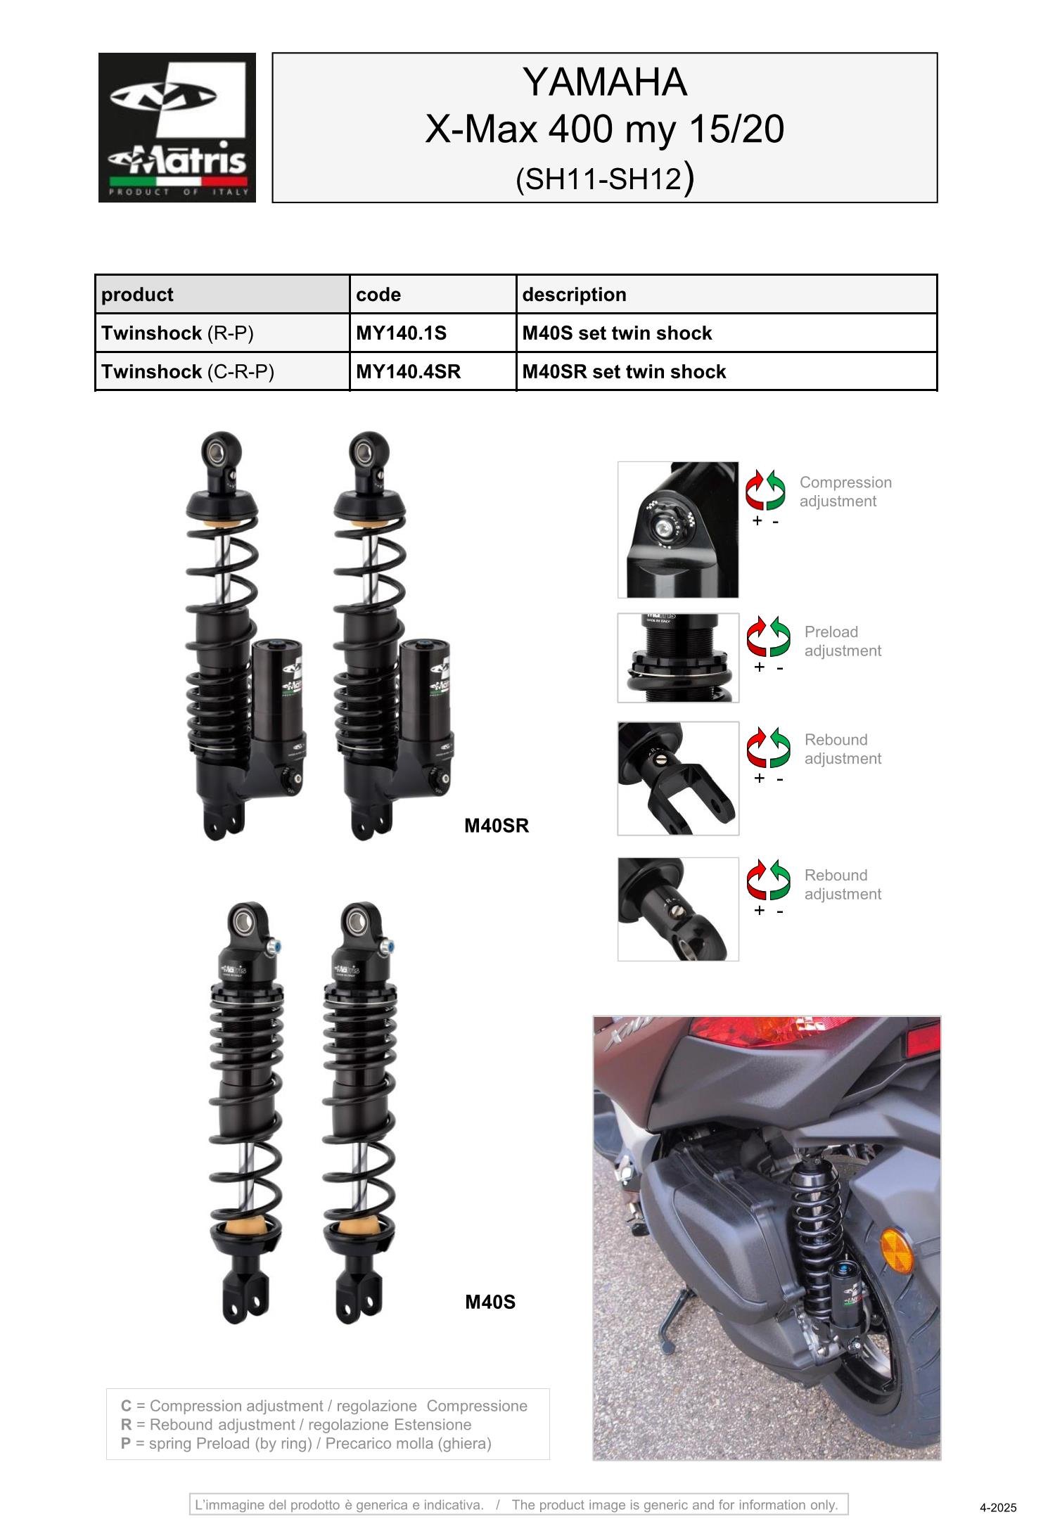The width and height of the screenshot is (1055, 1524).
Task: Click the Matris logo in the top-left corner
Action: click(x=177, y=127)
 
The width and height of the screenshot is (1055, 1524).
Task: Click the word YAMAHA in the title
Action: click(x=604, y=82)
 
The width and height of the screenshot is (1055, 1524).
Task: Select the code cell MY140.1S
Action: click(x=401, y=333)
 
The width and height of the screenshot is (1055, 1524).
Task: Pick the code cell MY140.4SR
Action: click(x=408, y=371)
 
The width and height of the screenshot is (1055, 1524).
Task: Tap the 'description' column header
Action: click(x=574, y=294)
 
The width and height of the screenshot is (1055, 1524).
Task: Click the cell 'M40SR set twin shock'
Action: click(x=624, y=371)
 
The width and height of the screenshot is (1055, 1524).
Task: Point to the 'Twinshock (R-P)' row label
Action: click(x=177, y=333)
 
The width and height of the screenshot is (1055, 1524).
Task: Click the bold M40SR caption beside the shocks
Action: click(x=496, y=826)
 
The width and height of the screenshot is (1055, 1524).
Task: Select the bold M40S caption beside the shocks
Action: click(x=490, y=1302)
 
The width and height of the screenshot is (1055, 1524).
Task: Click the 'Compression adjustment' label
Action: click(x=845, y=492)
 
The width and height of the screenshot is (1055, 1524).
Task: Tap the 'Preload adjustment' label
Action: click(x=842, y=641)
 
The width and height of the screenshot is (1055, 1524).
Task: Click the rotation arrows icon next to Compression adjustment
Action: click(x=765, y=489)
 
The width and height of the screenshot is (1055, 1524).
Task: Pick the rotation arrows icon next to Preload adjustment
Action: click(x=768, y=636)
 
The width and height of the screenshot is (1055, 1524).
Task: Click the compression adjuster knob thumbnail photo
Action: click(x=678, y=530)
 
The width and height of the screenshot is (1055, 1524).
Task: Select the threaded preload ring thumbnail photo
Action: click(x=678, y=658)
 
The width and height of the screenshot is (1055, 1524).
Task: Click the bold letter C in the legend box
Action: click(x=126, y=1405)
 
